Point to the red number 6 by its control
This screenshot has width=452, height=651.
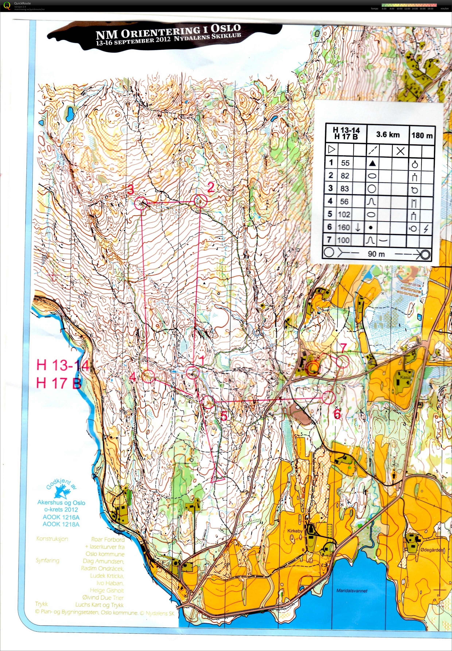[337, 414]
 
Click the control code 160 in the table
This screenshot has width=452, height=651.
[344, 227]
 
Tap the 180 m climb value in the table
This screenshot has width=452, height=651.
[422, 135]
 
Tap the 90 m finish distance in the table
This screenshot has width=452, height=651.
[376, 254]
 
